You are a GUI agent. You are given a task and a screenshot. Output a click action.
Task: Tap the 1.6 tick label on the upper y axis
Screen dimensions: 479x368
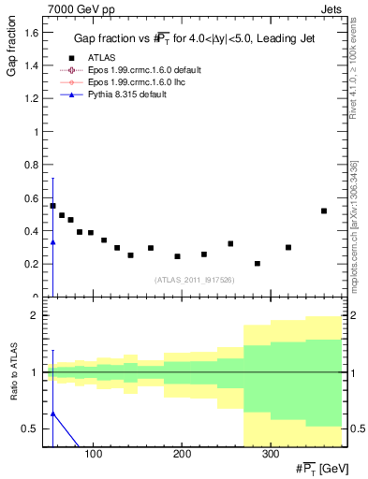point(31,33)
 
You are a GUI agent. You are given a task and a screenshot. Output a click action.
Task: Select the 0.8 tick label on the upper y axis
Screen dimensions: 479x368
point(31,165)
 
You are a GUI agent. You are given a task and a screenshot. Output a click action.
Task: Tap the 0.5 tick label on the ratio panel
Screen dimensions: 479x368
point(30,428)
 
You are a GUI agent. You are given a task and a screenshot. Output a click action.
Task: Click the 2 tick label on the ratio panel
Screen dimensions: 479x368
point(35,315)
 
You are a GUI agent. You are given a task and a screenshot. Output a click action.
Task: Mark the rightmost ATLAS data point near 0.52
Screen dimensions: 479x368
point(324,210)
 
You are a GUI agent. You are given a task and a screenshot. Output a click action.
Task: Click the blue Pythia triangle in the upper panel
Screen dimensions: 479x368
point(52,242)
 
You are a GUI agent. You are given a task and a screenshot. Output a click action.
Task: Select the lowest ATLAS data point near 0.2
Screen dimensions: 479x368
point(258,264)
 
